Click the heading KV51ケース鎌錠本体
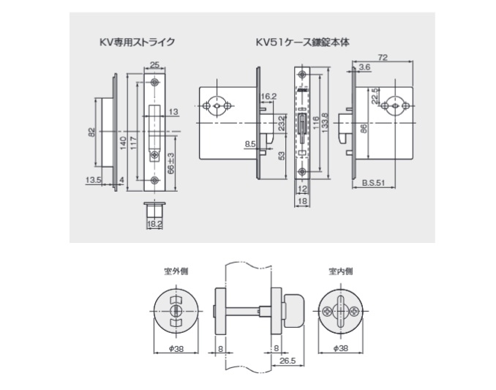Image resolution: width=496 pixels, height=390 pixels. click(x=303, y=42)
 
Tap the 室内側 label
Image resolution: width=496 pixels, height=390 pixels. click(x=340, y=271)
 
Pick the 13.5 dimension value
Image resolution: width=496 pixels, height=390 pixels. click(x=92, y=179)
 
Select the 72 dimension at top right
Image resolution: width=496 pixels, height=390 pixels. click(x=383, y=56)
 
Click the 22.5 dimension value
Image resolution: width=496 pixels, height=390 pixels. click(x=375, y=96)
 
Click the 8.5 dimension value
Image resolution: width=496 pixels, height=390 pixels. click(x=249, y=144)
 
